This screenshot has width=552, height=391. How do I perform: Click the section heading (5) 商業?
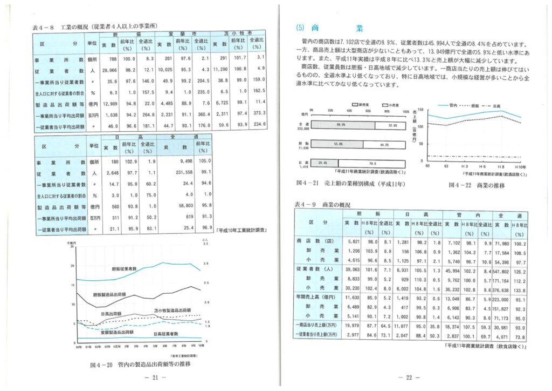point(329,28)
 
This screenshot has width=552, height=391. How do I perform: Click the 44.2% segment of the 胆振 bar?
point(383,144)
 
